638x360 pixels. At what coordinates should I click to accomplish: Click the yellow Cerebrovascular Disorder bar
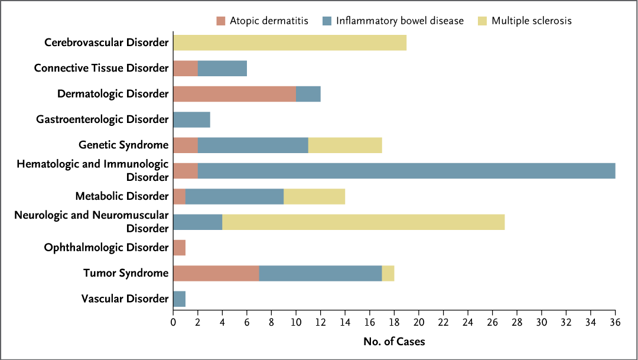tap(289, 43)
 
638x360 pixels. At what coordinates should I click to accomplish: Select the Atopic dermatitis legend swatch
tap(221, 21)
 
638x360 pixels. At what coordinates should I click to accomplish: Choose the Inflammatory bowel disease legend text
tap(400, 21)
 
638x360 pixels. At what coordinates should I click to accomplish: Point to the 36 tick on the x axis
tap(615, 323)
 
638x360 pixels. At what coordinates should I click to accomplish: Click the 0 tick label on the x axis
tap(173, 323)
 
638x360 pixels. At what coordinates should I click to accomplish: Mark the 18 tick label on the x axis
tap(394, 323)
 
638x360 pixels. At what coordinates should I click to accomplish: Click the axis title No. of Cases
tap(394, 341)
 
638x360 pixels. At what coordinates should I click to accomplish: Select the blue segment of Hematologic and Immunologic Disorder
tap(406, 171)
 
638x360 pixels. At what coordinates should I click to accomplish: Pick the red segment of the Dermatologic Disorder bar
tap(235, 94)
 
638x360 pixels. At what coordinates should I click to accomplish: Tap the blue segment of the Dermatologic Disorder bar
tap(308, 94)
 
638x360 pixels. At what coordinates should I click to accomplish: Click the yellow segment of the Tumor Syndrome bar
tap(388, 273)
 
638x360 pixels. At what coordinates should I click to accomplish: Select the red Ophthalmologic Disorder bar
tap(179, 248)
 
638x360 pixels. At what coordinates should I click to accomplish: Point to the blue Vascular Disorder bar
tap(179, 299)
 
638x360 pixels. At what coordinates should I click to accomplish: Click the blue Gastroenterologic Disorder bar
tap(191, 119)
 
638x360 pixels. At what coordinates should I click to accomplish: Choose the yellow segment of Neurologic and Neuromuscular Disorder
tap(363, 222)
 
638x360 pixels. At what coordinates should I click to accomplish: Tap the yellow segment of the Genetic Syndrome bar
tap(345, 145)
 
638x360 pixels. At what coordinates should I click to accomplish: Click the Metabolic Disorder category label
tap(122, 196)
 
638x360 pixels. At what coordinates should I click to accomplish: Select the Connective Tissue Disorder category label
tap(101, 68)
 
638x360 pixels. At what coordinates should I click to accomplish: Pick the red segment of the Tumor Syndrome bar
tap(216, 273)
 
